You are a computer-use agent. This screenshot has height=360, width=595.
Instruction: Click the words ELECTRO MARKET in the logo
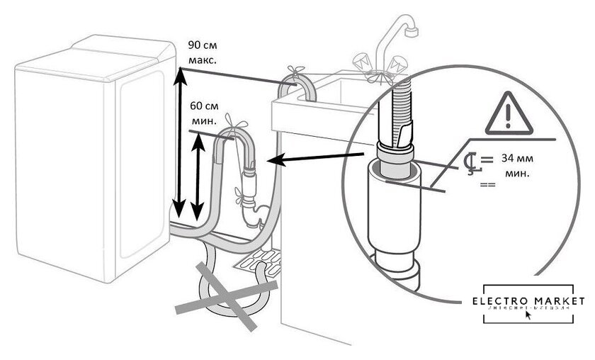tap(528, 300)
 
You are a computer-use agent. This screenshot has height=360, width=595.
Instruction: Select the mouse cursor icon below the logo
tap(527, 316)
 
